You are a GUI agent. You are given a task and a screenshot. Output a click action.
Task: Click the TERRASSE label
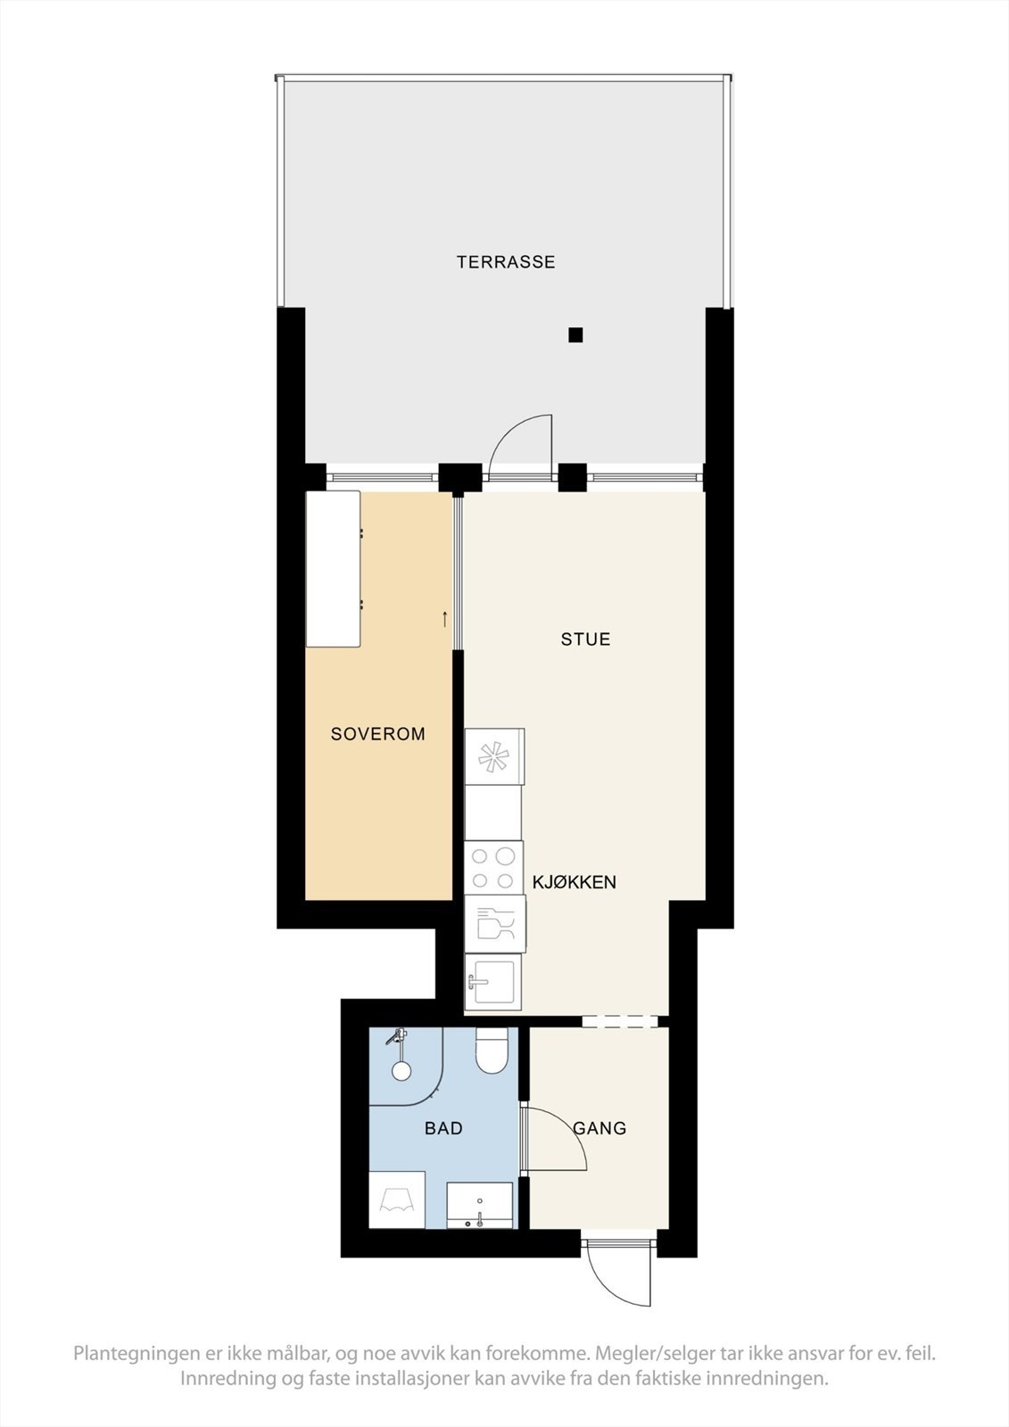click(506, 262)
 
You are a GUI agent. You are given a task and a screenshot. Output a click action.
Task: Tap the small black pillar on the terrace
click(575, 335)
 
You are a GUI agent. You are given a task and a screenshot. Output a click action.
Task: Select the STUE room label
click(585, 639)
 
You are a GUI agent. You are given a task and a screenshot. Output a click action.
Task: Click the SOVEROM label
click(377, 734)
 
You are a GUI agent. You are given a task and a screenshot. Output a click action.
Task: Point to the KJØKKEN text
click(575, 882)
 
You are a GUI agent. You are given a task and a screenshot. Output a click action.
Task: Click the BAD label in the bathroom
click(443, 1128)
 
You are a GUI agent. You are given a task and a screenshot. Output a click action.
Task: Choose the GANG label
click(600, 1128)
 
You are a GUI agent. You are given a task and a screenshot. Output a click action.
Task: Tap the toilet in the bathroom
click(492, 1051)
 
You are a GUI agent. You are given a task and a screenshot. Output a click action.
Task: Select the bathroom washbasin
click(480, 1206)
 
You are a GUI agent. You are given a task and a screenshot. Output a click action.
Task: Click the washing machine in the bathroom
click(397, 1200)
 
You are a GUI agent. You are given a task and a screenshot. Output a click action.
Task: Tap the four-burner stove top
click(493, 868)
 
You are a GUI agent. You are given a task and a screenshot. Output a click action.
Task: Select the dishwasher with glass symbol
click(495, 924)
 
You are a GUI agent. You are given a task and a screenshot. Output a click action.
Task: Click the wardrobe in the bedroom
click(333, 569)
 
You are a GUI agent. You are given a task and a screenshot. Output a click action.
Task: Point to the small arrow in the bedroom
click(445, 619)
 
